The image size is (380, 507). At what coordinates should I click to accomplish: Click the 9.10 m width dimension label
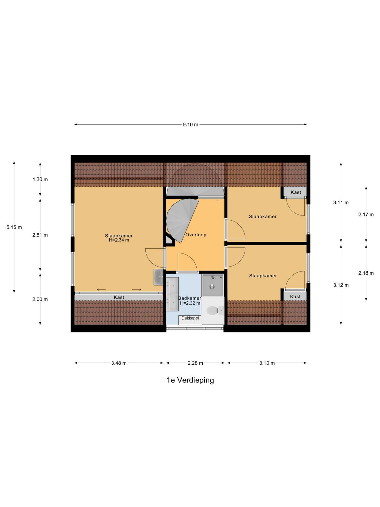click(x=190, y=125)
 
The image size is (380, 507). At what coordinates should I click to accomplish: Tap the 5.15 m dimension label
click(x=14, y=227)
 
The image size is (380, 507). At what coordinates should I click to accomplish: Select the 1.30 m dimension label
click(x=40, y=179)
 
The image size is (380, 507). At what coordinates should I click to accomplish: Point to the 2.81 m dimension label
click(x=40, y=235)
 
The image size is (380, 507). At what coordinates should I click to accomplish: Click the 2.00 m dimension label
click(x=40, y=299)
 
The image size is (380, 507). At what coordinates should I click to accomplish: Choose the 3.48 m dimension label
click(x=119, y=363)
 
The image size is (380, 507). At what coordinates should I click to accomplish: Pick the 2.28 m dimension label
click(x=195, y=363)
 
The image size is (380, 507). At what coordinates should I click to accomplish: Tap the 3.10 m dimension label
click(x=267, y=363)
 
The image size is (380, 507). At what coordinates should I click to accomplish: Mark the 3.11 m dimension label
click(x=341, y=202)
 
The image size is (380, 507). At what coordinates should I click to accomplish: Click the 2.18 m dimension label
click(x=366, y=273)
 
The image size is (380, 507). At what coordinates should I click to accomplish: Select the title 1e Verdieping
click(x=190, y=381)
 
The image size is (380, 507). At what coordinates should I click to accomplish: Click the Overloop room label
click(x=196, y=235)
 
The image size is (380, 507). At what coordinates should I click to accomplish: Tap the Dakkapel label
click(x=190, y=318)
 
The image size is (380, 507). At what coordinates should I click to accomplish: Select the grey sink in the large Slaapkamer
click(x=159, y=277)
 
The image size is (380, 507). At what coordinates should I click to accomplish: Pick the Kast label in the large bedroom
click(x=119, y=298)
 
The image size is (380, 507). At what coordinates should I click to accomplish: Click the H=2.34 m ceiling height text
click(x=119, y=240)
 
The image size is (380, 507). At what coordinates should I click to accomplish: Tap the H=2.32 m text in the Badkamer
click(x=190, y=303)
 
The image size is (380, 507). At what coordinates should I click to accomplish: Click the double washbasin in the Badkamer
click(x=172, y=294)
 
